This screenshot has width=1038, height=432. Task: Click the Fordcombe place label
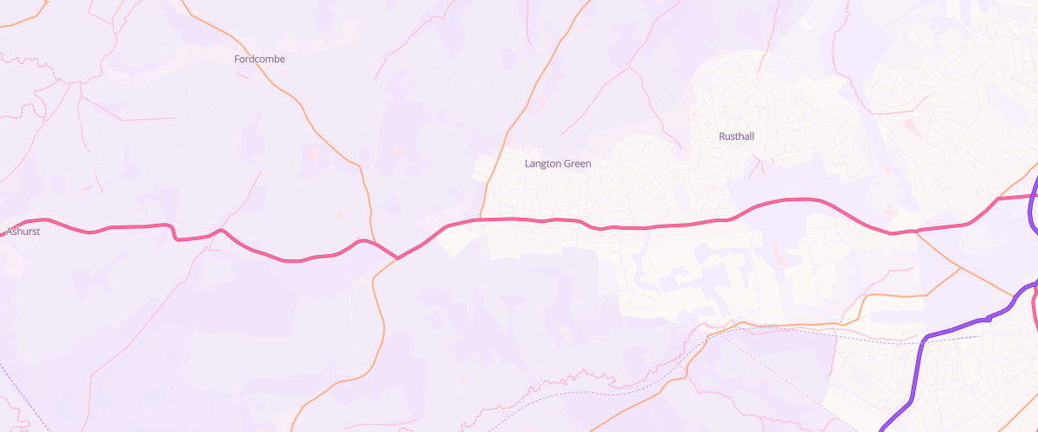pos(259,59)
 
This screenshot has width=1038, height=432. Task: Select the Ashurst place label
pos(23,232)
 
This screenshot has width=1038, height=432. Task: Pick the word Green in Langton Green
pos(577,163)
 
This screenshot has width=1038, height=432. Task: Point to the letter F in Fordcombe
pos(237,59)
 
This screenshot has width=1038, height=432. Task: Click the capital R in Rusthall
pos(722,137)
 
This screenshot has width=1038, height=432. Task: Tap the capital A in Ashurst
pos(9,232)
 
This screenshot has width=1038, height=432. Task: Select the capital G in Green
pos(567,163)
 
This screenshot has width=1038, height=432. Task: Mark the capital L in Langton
pos(528,163)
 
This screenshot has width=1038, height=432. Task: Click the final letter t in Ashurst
pos(39,232)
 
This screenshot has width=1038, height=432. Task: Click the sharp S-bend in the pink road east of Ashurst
pos(173,232)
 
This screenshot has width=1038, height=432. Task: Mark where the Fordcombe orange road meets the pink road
pos(397,257)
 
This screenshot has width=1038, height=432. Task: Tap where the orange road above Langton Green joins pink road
pos(481,219)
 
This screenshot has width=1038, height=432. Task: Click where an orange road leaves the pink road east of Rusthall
pos(916,231)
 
